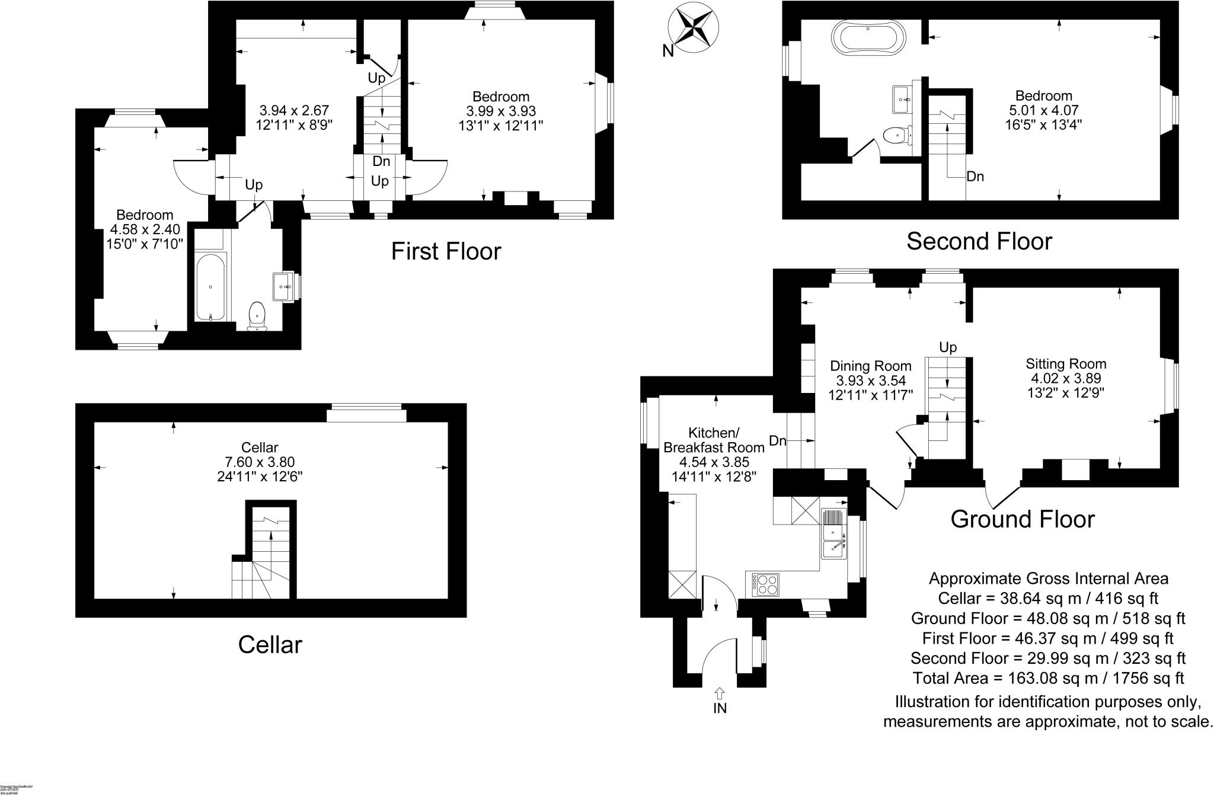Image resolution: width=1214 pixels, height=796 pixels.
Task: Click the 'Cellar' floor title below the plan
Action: coord(270,645)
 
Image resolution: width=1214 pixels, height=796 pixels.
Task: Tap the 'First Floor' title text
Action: coord(446,251)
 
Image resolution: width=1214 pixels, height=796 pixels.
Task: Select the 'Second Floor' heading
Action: coord(979,241)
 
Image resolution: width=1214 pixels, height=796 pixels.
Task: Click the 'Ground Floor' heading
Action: coord(1022,519)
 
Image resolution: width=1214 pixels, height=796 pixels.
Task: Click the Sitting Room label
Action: coord(1066,364)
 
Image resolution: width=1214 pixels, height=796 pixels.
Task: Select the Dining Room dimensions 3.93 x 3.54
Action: coord(870,381)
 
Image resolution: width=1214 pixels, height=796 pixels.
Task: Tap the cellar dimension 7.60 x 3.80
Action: coord(260,462)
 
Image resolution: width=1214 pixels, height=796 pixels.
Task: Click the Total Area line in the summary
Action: coord(1048,678)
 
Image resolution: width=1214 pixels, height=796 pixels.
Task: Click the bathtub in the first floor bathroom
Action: coord(210,286)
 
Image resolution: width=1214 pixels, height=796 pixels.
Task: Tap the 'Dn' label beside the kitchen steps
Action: coord(777,440)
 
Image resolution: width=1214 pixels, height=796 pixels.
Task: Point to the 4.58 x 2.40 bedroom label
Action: coord(145,229)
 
